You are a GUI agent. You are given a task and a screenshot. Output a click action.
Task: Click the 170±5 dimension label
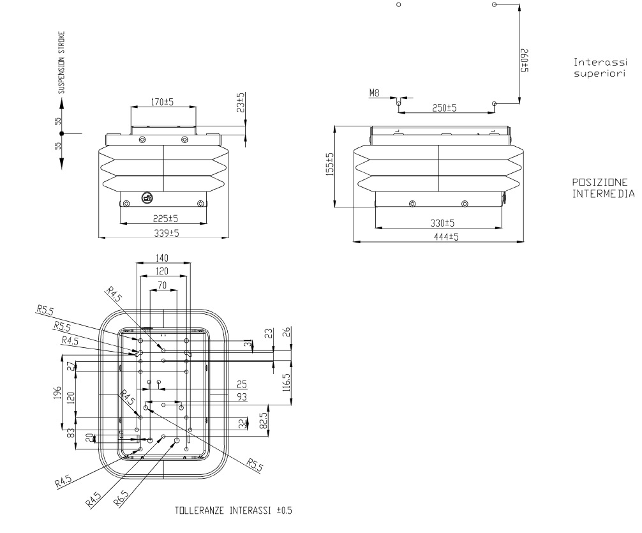(163, 101)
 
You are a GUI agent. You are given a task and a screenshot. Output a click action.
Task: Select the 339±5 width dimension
(167, 233)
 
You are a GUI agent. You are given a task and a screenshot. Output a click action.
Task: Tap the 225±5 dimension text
(166, 218)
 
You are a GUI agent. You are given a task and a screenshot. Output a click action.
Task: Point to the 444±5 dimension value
(446, 237)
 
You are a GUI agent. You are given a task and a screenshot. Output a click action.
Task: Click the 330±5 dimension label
(443, 223)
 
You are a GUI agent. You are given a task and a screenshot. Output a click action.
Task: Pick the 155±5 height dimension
(330, 164)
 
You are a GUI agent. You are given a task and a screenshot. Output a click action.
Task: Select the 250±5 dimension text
(444, 108)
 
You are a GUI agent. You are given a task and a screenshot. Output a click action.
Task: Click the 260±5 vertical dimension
(525, 61)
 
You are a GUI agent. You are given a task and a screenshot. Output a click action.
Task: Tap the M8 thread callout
(374, 93)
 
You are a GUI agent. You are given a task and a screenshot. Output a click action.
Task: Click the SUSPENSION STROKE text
(61, 63)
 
